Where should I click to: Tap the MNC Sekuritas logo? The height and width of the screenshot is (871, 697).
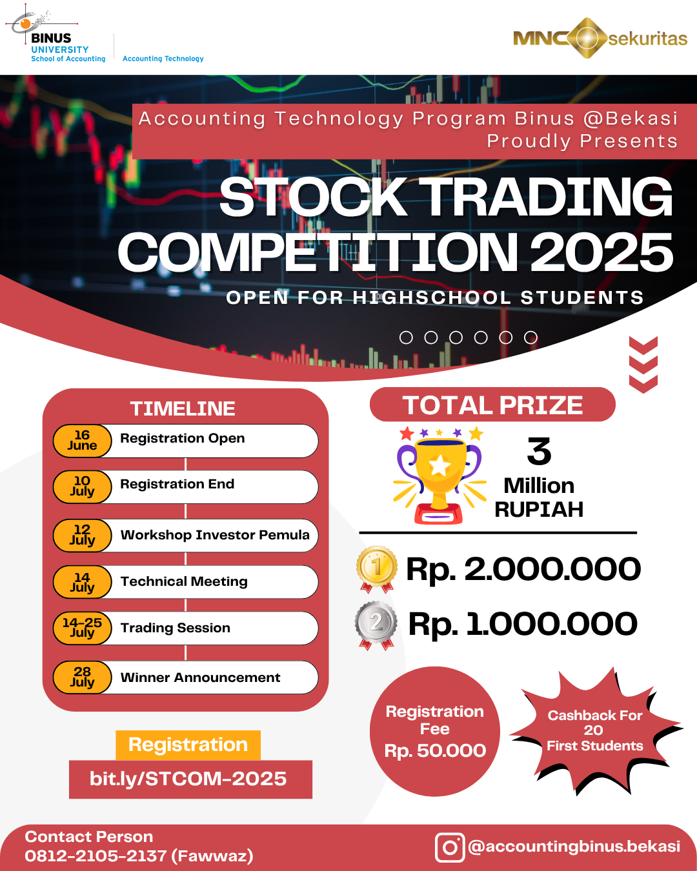pos(600,39)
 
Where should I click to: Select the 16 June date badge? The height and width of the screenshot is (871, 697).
pos(82,441)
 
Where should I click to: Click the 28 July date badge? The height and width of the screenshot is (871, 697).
pos(82,677)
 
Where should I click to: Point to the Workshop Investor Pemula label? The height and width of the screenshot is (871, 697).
pos(215,535)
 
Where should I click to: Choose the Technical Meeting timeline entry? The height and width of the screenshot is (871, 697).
pos(184,581)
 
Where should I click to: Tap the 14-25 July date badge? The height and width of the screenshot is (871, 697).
pos(82,628)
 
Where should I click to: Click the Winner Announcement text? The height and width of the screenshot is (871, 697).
pos(200,677)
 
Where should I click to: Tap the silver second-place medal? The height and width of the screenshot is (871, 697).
pos(376,624)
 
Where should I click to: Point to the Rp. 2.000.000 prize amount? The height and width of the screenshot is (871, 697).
pos(523,569)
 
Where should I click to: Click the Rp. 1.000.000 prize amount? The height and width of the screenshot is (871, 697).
pos(523,624)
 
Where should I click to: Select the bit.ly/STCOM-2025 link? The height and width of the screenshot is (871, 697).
pos(188,779)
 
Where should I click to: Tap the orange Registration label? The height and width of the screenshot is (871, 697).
pos(188,745)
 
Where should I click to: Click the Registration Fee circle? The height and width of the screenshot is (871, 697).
pos(435,731)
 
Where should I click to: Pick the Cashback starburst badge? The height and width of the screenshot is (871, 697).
pos(594,730)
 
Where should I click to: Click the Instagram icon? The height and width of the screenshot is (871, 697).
pos(450,847)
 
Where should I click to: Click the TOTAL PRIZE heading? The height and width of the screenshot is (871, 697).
pos(492,405)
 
